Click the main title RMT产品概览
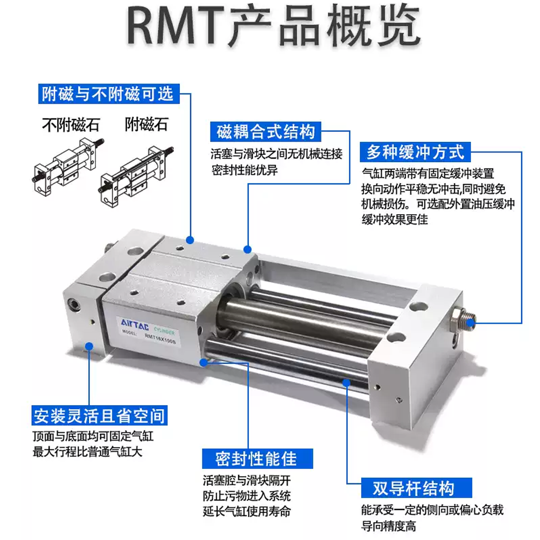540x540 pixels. (x=274, y=25)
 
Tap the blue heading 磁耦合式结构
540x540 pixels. (x=265, y=132)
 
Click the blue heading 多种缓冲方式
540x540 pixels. (x=415, y=152)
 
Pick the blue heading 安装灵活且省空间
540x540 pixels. (x=99, y=415)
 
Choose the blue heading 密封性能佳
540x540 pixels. (x=257, y=459)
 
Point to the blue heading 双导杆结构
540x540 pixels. (x=416, y=488)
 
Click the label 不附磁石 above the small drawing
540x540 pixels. (x=71, y=125)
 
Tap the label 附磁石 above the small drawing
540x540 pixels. (x=146, y=124)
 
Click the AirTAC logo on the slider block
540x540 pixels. (x=135, y=324)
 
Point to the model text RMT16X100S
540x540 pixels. (x=160, y=339)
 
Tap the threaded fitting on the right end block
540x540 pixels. (x=465, y=318)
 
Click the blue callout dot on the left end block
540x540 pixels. (x=89, y=346)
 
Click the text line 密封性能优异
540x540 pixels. (x=244, y=170)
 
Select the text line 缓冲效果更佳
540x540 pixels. (x=394, y=219)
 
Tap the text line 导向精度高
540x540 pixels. (x=388, y=526)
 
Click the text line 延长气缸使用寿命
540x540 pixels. (x=247, y=511)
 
